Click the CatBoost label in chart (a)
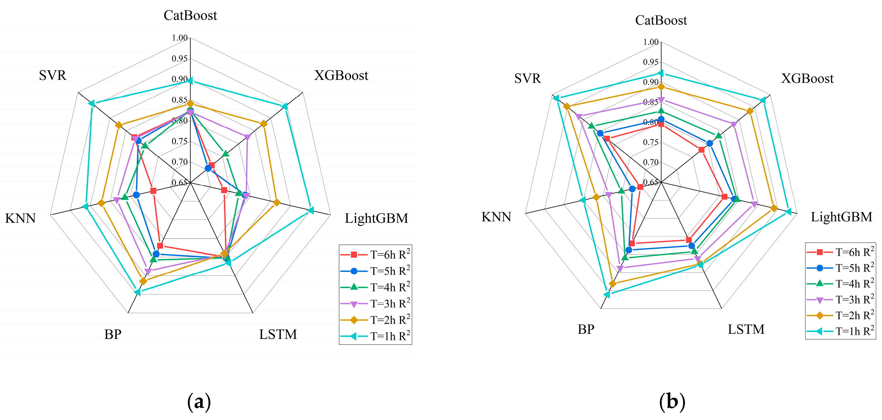190,15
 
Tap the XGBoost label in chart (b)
807,79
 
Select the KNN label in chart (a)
20,218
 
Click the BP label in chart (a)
113,334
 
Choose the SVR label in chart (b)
527,79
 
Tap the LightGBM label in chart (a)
376,218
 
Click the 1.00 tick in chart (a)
180,38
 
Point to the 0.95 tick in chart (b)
650,62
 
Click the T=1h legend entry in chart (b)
840,331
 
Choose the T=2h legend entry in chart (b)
840,315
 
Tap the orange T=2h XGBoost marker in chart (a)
263,124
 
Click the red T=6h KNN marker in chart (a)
153,191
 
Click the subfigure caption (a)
199,401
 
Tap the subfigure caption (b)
672,401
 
